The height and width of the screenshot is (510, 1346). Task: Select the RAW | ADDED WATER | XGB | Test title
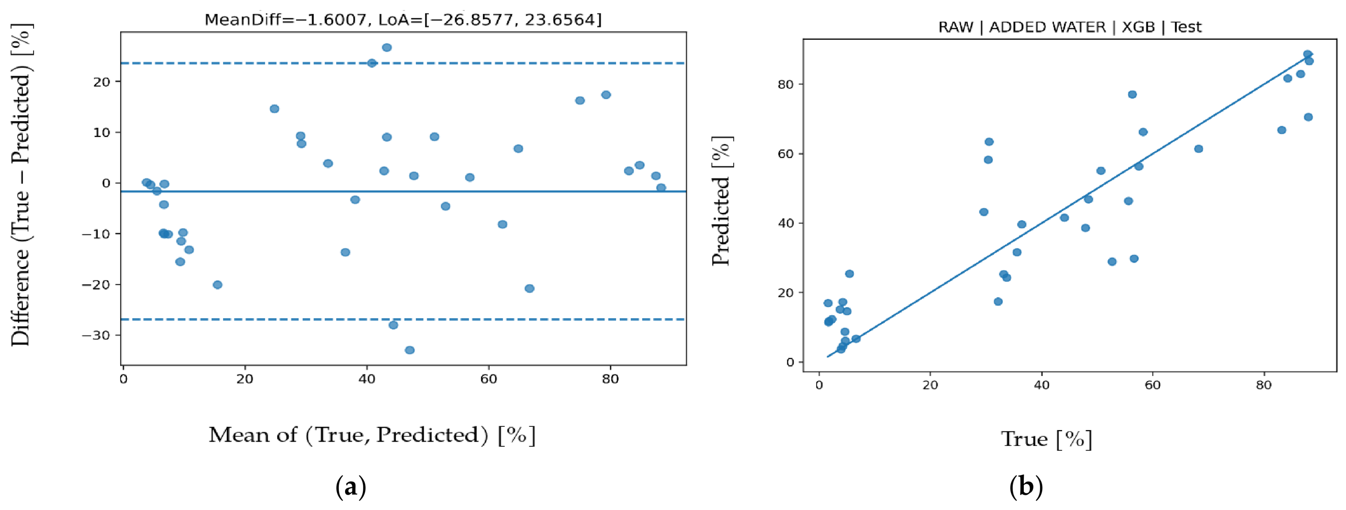pos(1070,27)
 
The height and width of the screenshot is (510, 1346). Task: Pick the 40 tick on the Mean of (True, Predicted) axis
pos(367,379)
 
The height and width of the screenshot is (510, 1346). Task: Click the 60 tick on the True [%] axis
pos(1153,386)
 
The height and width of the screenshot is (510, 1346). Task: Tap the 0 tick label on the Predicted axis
pos(790,362)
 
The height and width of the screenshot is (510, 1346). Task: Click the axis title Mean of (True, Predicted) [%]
pos(372,435)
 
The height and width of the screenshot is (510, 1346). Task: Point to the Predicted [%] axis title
pos(722,201)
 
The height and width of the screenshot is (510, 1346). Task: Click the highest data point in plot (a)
pos(387,47)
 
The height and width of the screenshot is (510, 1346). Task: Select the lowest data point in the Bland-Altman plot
pos(410,350)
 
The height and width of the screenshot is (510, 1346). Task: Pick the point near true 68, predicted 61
pos(1199,149)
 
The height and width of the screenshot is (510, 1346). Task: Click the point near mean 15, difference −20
pos(217,285)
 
